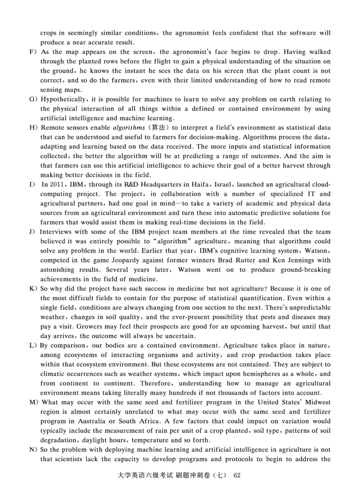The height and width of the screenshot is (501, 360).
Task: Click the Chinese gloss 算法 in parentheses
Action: pos(159,128)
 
